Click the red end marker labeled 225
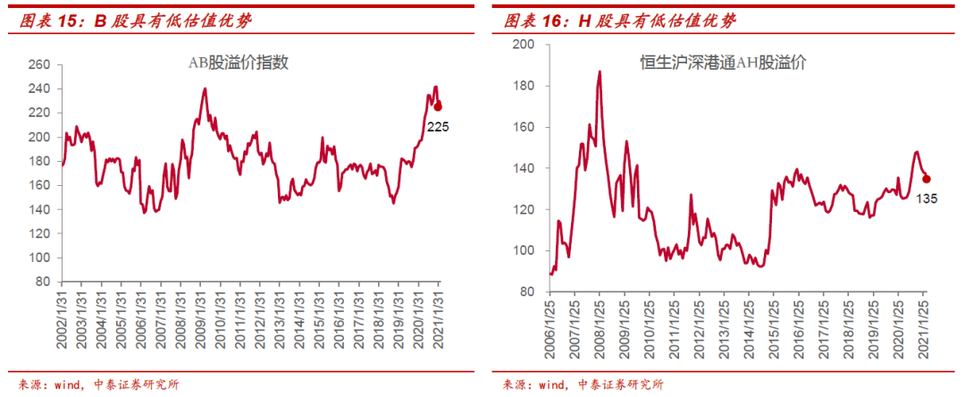coord(437,106)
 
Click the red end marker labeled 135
coord(926,179)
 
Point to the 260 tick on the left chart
coord(38,65)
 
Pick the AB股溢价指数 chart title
coord(238,63)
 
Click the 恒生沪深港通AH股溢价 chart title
coord(723,63)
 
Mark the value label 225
coord(438,127)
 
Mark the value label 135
coord(926,198)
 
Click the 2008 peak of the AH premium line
coord(599,72)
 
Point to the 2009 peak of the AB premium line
coord(206,89)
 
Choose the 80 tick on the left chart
coord(41,282)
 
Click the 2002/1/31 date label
coord(62,331)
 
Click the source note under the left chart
coord(98,384)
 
